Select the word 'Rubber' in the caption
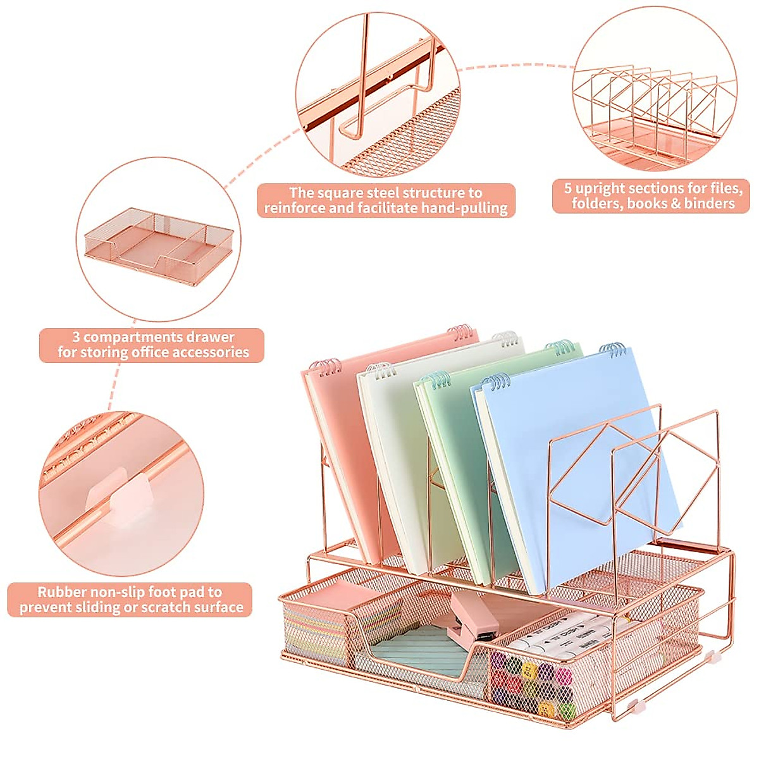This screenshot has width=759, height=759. pos(61,593)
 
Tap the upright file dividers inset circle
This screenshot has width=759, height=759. pos(657,95)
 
